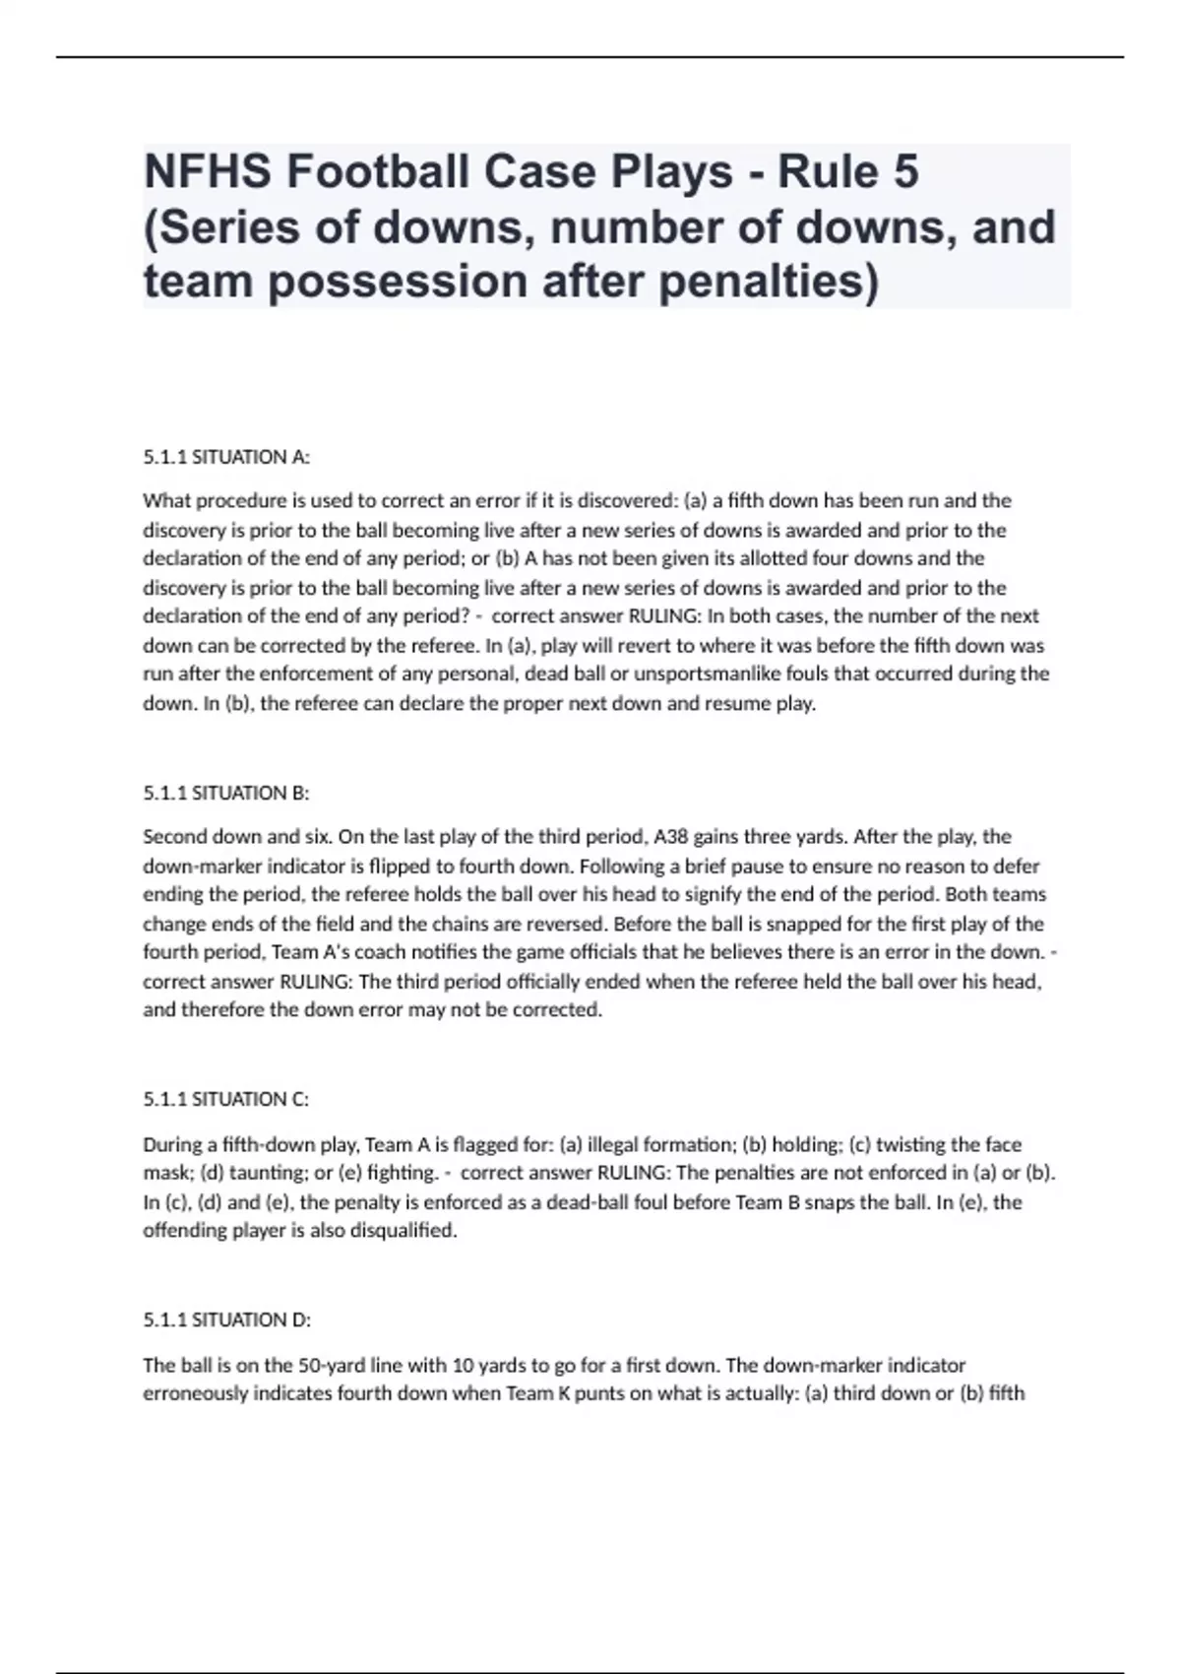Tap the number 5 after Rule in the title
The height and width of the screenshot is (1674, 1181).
pyautogui.click(x=906, y=172)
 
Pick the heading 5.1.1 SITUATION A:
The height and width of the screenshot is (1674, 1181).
pyautogui.click(x=226, y=457)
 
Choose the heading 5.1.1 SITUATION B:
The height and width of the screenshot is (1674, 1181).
pyautogui.click(x=226, y=793)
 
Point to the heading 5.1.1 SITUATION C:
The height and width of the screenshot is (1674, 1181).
pyautogui.click(x=226, y=1099)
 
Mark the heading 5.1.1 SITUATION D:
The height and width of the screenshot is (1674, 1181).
pyautogui.click(x=226, y=1320)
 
